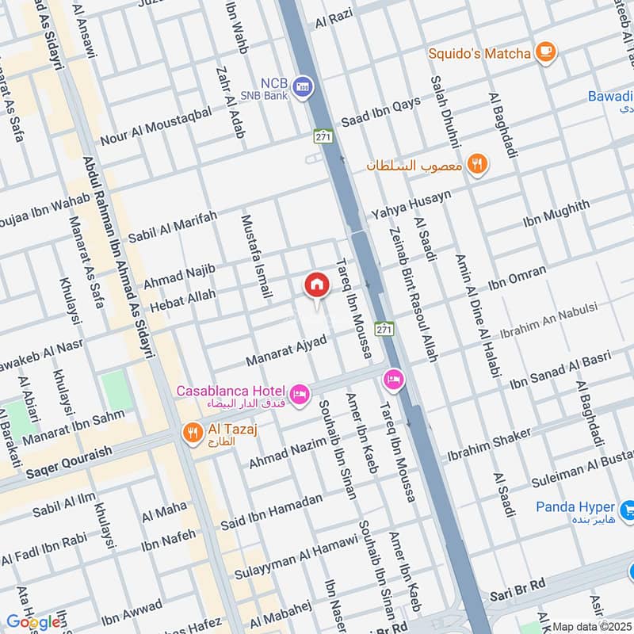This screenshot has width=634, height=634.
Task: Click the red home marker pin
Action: (315, 285)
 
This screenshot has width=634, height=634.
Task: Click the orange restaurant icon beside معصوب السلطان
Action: (477, 164)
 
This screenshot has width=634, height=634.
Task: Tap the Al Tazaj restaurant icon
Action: (191, 433)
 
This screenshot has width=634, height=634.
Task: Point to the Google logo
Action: (32, 621)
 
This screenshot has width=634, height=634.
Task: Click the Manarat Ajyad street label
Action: (286, 351)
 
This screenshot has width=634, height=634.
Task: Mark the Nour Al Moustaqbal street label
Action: (156, 124)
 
